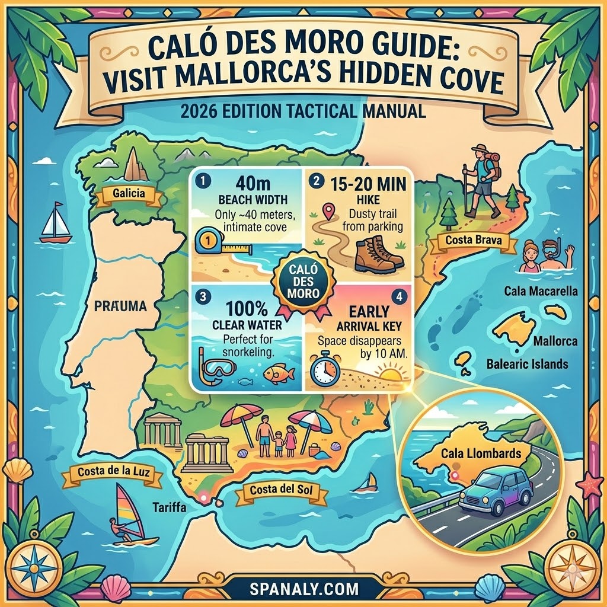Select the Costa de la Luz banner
pos(112,473)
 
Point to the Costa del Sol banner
pos(281,490)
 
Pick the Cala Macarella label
pos(541,291)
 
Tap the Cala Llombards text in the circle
pos(481,455)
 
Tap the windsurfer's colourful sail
pos(129,504)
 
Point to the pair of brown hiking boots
pos(378,253)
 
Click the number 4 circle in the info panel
pos(400,297)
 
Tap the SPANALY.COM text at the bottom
pos(303,589)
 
